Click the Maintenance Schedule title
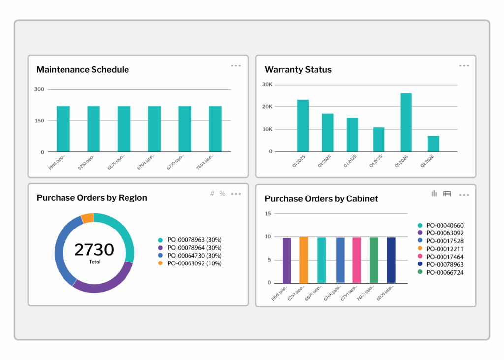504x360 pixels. point(83,69)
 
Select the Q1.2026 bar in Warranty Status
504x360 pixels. point(406,122)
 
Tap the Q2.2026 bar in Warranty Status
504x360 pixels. point(433,144)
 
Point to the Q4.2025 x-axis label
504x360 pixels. point(375,163)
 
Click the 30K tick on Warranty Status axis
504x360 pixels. point(267,84)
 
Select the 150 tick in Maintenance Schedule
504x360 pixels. point(39,121)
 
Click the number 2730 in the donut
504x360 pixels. point(94,249)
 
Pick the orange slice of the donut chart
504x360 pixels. point(88,218)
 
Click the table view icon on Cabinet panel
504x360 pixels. point(447,194)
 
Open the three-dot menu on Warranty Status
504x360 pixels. point(464,65)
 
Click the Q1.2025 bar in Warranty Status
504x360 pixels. point(303,126)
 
